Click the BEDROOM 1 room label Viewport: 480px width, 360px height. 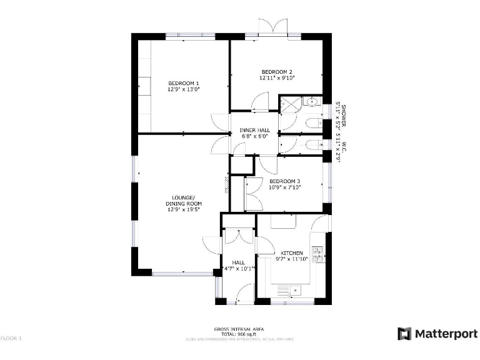tap(183, 83)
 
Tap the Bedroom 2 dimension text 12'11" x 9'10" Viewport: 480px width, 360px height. tap(277, 78)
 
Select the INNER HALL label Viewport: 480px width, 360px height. tap(254, 130)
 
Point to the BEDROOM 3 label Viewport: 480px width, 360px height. tap(284, 181)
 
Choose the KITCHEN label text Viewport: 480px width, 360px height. tap(291, 253)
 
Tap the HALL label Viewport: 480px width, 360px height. tap(238, 262)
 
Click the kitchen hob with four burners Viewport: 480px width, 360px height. tap(317, 254)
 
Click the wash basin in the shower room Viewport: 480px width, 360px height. tap(312, 101)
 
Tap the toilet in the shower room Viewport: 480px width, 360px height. tap(312, 123)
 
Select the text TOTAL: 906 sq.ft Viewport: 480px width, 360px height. tap(239, 334)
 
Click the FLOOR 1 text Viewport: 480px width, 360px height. tap(11, 338)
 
